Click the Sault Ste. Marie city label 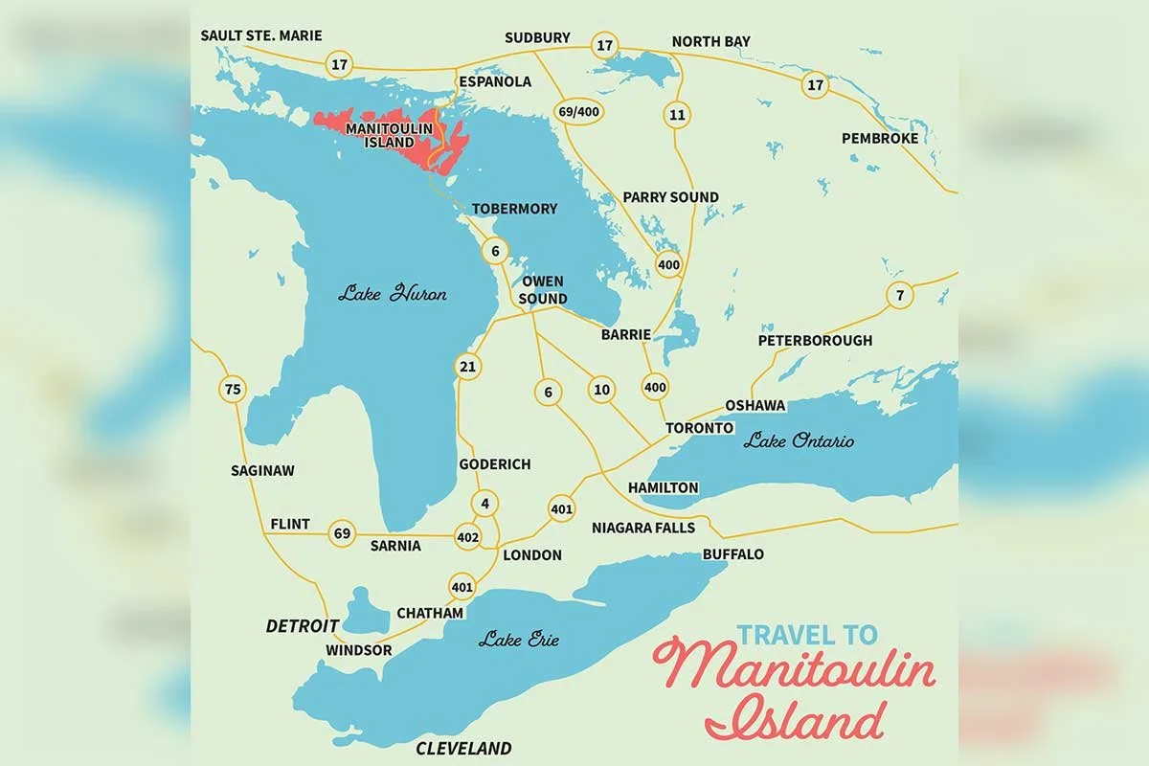click(261, 35)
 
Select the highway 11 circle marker click(678, 115)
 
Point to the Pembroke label click(879, 139)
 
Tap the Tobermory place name click(513, 209)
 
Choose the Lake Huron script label click(392, 294)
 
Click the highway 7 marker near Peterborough click(899, 295)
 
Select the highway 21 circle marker click(468, 367)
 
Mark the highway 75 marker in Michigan click(232, 389)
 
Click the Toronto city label click(699, 428)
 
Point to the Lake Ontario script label click(799, 441)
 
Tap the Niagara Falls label click(642, 528)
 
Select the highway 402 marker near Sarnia click(468, 538)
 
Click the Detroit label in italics click(303, 625)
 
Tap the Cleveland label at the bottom click(463, 748)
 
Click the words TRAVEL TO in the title click(806, 634)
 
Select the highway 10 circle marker click(601, 389)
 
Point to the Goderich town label click(494, 464)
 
